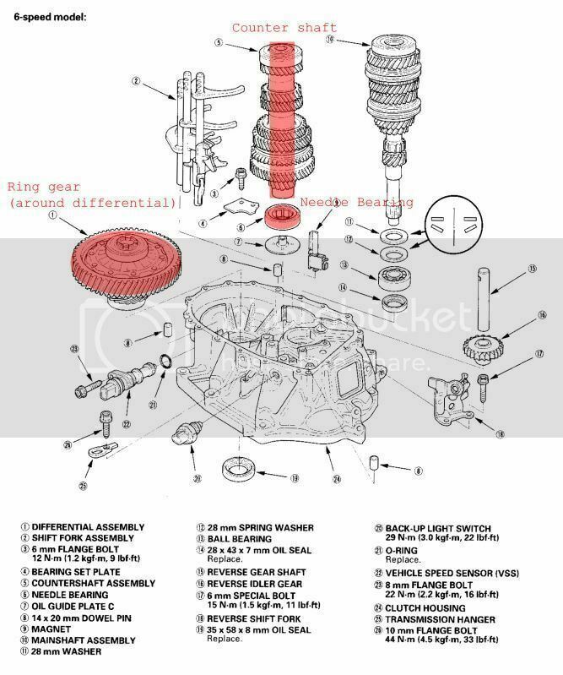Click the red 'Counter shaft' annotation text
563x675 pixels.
click(285, 29)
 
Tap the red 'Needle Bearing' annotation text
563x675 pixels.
click(357, 203)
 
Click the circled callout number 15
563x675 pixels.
click(533, 269)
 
